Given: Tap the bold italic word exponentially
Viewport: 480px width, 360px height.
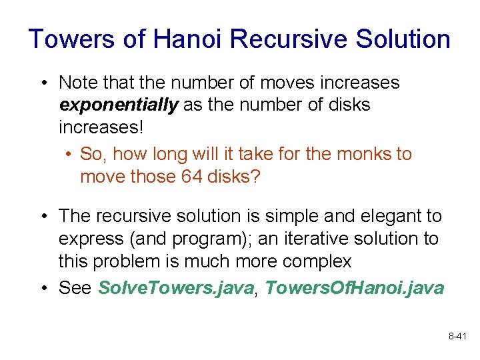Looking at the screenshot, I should click(x=119, y=105).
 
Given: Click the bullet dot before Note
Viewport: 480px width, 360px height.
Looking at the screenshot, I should click(x=43, y=83).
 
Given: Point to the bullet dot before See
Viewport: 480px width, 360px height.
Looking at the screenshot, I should click(x=43, y=288).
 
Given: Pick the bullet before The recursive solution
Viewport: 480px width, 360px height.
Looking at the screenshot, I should click(x=43, y=217).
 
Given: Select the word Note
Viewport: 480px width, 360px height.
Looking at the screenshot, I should click(x=77, y=83).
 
